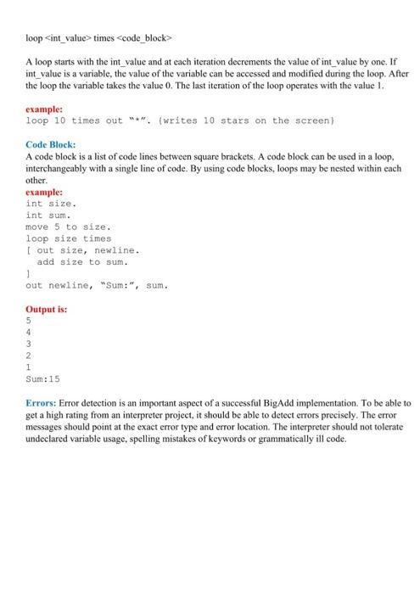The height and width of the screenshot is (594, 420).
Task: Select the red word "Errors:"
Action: pyautogui.click(x=42, y=401)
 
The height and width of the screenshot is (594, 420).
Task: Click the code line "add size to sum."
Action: pyautogui.click(x=81, y=262)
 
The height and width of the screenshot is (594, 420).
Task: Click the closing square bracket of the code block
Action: pyautogui.click(x=28, y=274)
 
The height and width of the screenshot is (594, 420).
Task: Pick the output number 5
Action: pyautogui.click(x=29, y=322)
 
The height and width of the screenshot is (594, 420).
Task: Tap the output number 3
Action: pyautogui.click(x=29, y=345)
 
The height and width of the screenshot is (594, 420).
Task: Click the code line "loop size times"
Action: pyautogui.click(x=69, y=239)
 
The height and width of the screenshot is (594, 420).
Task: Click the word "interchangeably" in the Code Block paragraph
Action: pyautogui.click(x=63, y=169)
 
